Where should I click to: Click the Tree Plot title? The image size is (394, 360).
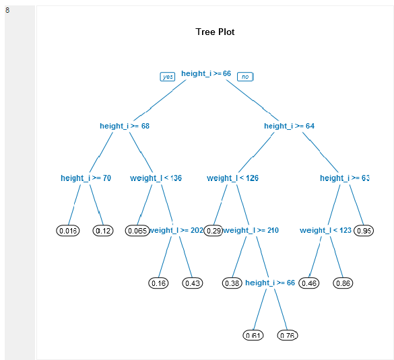tap(215, 32)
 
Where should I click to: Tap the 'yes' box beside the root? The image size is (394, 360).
tap(168, 77)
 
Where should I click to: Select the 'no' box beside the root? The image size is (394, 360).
tap(245, 77)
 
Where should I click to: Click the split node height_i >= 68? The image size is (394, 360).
tap(125, 126)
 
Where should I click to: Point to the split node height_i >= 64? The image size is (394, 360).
tap(289, 126)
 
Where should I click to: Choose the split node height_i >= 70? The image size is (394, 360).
tap(86, 178)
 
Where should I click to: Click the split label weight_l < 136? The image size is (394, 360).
tap(156, 178)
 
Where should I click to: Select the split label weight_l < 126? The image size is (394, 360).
tap(232, 178)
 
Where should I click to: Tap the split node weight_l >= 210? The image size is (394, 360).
tap(251, 230)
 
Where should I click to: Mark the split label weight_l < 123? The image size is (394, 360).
tap(325, 230)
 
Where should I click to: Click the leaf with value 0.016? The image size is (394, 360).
tap(68, 231)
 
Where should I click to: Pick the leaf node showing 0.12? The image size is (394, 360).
tap(103, 231)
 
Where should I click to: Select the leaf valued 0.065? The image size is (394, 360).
tap(137, 231)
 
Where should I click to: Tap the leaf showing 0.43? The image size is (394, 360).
tap(193, 283)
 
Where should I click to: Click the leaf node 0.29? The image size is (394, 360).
tap(214, 231)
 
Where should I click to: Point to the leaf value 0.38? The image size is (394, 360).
tap(232, 283)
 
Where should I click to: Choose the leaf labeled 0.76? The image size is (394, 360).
tap(288, 335)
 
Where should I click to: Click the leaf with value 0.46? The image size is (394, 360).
tap(308, 283)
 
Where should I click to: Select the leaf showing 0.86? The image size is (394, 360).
tap(343, 283)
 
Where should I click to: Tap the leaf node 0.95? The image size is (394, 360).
tap(364, 231)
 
